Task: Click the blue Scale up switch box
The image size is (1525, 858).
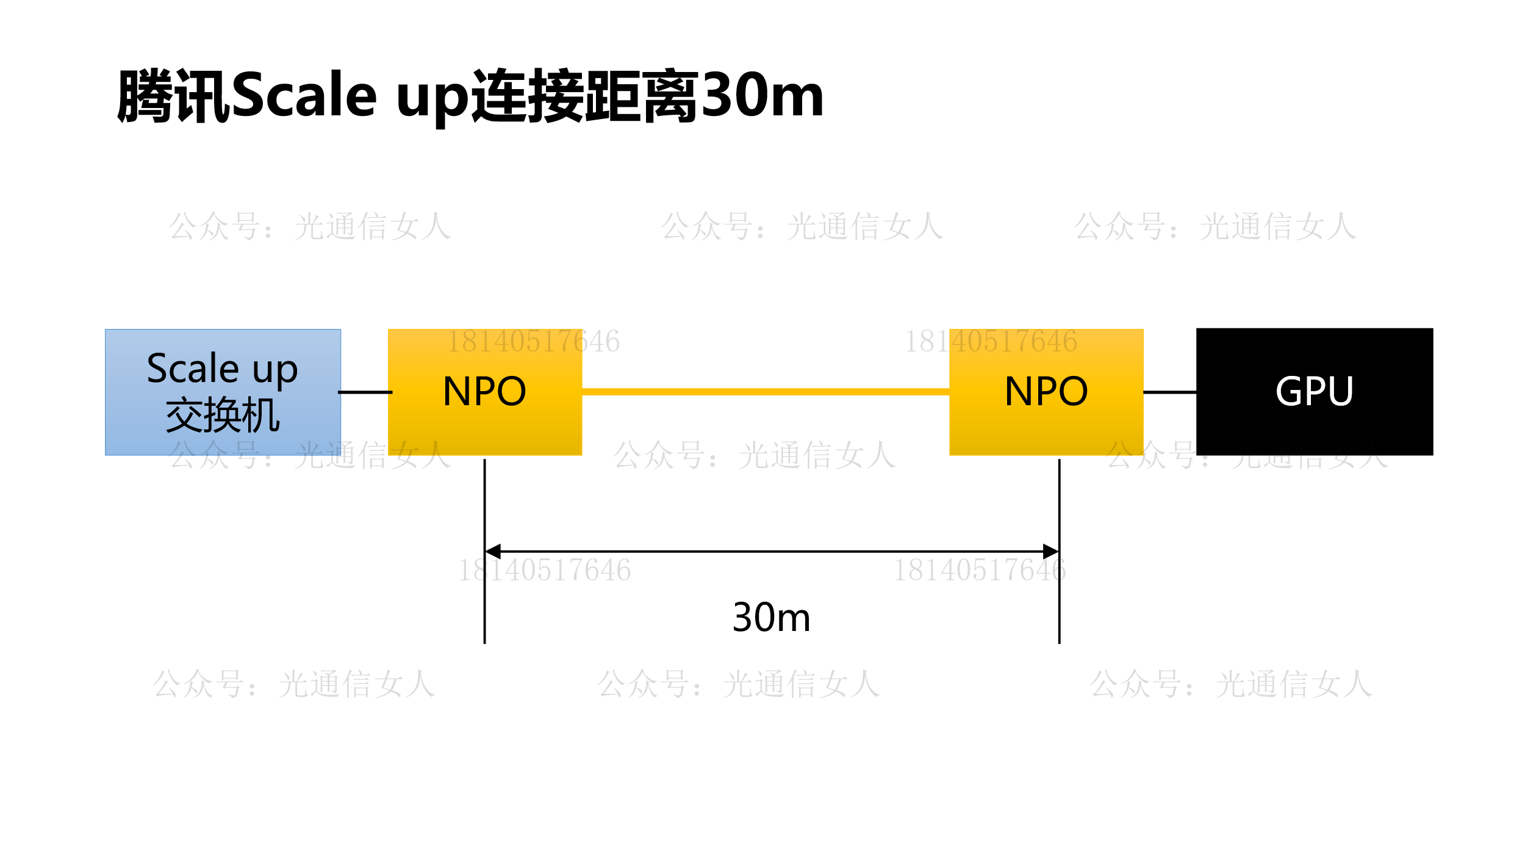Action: point(223,392)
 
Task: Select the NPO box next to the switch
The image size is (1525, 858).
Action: point(485,392)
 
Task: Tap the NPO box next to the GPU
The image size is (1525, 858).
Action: point(1046,392)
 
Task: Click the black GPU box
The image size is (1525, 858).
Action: point(1315,392)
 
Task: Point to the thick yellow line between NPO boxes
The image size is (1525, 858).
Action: point(766,392)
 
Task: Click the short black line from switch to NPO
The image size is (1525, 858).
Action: point(365,392)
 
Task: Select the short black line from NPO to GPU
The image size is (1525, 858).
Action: point(1170,392)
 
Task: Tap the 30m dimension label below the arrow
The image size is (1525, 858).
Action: point(771,618)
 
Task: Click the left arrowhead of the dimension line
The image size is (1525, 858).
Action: point(493,552)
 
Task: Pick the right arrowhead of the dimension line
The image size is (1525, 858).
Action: point(1051,552)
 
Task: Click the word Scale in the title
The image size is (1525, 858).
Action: point(304,95)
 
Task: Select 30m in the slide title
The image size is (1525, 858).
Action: point(762,95)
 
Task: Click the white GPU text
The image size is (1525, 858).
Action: point(1315,391)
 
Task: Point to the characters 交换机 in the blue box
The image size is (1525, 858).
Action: point(223,416)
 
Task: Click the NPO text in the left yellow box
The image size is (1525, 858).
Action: point(485,391)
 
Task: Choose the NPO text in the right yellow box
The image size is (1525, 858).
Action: point(1046,391)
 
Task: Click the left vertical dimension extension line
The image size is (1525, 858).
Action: point(485,551)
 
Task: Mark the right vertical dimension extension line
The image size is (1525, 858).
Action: point(1060,551)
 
